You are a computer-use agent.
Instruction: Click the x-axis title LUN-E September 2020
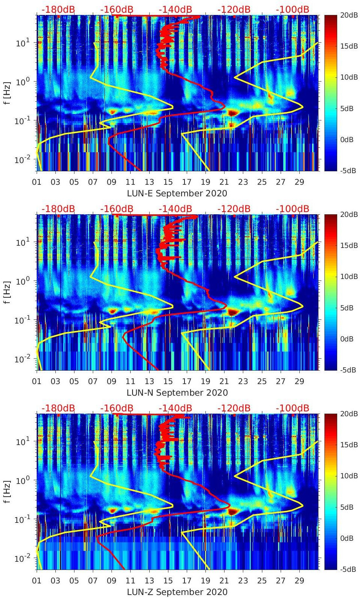(177, 193)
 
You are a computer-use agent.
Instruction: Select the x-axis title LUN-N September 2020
(177, 393)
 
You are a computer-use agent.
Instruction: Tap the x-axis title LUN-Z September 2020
(177, 592)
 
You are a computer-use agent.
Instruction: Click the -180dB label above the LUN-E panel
(58, 9)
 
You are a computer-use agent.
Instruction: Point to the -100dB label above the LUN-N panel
(292, 209)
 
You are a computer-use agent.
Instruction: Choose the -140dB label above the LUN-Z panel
(175, 408)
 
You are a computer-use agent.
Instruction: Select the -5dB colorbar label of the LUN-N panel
(348, 370)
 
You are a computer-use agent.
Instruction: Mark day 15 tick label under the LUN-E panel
(168, 182)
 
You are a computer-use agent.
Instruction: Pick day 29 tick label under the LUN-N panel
(299, 381)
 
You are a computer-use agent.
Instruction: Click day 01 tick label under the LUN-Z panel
(37, 581)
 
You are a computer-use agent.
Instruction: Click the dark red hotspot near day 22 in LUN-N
(233, 312)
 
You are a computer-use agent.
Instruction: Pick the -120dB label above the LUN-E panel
(234, 9)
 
